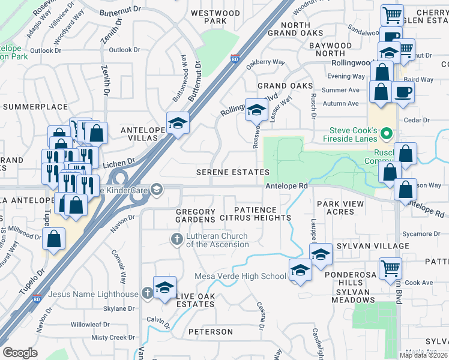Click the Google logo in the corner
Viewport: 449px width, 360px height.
[20, 353]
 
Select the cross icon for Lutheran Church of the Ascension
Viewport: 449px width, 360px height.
[177, 239]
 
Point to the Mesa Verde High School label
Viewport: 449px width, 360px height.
[240, 276]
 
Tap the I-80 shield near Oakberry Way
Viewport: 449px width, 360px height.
[234, 59]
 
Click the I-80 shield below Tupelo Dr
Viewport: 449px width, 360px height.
[37, 299]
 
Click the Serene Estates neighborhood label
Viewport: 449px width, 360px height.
[233, 173]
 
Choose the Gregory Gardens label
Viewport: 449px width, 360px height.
[196, 216]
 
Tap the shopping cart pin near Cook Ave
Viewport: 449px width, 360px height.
[390, 267]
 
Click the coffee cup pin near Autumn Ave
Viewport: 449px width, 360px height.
[402, 92]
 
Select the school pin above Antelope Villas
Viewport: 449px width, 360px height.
[177, 122]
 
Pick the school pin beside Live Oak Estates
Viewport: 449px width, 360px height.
[164, 287]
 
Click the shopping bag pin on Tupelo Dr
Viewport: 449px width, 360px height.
[53, 238]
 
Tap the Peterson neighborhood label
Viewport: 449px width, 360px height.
[210, 332]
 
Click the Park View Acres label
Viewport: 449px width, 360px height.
[340, 208]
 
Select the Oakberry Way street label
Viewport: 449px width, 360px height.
[266, 62]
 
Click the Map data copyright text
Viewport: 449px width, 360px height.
[423, 355]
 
